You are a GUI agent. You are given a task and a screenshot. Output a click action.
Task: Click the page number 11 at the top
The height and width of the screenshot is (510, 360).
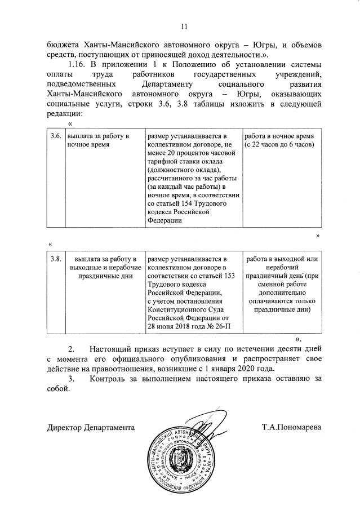[184, 26]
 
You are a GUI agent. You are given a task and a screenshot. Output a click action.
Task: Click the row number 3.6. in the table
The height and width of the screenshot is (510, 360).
[55, 136]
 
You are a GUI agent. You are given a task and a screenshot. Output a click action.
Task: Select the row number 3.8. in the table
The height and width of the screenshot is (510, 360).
[55, 259]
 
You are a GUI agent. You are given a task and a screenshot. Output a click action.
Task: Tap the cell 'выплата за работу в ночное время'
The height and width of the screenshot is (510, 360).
[99, 140]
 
